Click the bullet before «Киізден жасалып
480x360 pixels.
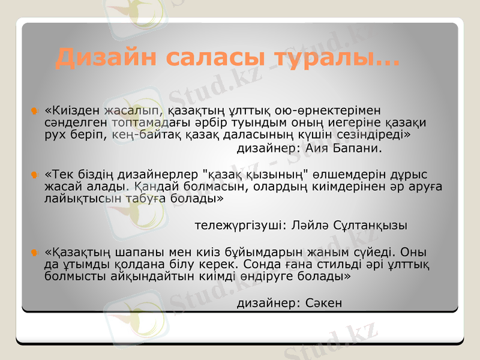(35, 111)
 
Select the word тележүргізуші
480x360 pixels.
(238, 226)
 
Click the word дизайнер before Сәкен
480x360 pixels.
(266, 303)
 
